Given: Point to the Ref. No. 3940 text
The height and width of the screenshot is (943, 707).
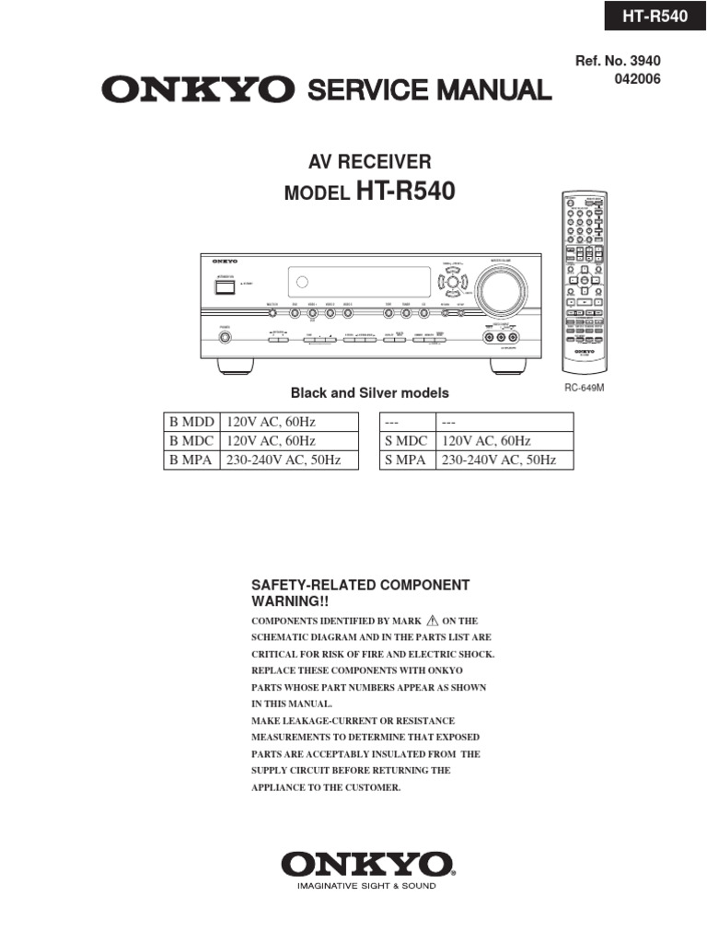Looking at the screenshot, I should click(618, 61).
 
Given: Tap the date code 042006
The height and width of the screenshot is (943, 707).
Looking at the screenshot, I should click(637, 79).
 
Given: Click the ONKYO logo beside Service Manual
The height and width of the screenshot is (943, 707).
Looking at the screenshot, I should click(197, 89).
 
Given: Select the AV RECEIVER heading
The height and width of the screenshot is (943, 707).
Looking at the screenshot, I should click(369, 162).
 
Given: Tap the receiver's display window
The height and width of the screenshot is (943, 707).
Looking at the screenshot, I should click(358, 282).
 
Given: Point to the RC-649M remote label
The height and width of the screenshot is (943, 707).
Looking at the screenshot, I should click(584, 389).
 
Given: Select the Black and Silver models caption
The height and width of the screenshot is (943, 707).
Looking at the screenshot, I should click(370, 393).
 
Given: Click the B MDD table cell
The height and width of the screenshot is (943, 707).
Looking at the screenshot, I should click(191, 422).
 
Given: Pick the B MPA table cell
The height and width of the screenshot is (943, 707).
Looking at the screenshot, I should click(191, 460).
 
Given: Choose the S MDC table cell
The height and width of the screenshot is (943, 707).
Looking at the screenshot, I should click(405, 441).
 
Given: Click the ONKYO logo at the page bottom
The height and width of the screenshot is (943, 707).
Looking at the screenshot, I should click(366, 864).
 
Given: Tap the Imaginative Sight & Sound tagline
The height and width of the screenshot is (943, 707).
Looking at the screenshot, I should click(366, 886).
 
